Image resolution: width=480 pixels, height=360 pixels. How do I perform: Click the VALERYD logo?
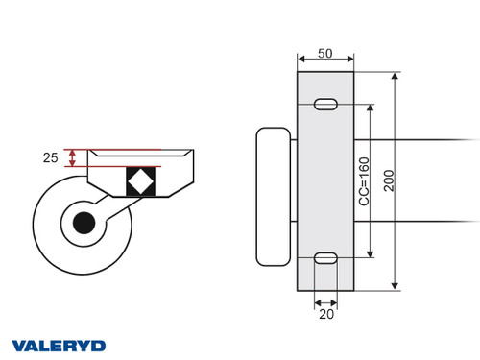pyautogui.click(x=59, y=345)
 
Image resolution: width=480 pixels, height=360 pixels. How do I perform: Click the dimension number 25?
pyautogui.click(x=50, y=157)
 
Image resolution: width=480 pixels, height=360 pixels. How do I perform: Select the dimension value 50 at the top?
pyautogui.click(x=325, y=54)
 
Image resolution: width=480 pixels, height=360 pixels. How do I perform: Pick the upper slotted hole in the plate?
pyautogui.click(x=325, y=104)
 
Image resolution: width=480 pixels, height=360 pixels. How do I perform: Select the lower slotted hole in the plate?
pyautogui.click(x=325, y=257)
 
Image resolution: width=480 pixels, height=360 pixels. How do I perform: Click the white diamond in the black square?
pyautogui.click(x=140, y=180)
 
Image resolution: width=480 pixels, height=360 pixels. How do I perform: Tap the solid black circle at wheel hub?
pyautogui.click(x=84, y=224)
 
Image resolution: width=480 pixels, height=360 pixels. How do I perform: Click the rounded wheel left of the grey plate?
pyautogui.click(x=274, y=196)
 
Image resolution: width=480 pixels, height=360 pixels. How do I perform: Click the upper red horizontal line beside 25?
pyautogui.click(x=115, y=150)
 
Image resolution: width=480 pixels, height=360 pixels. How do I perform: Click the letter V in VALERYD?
pyautogui.click(x=18, y=345)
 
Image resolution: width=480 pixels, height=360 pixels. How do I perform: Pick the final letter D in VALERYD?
pyautogui.click(x=99, y=345)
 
